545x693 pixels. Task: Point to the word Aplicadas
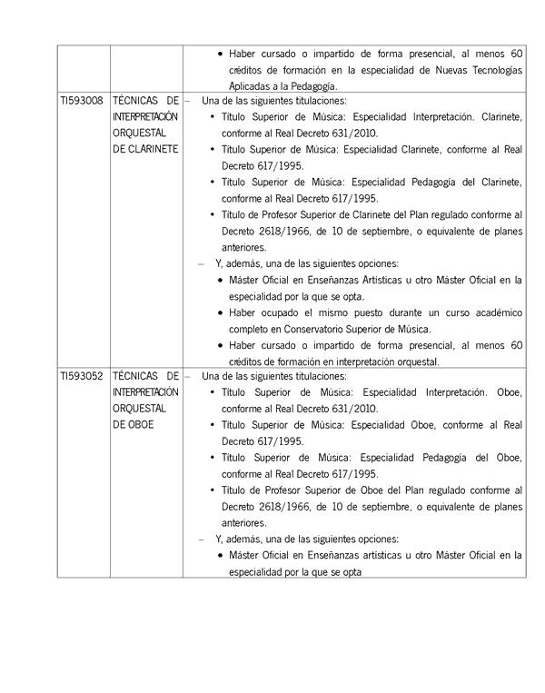click(x=251, y=85)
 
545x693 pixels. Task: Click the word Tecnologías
click(x=490, y=69)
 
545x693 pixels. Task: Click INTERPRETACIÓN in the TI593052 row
click(x=145, y=392)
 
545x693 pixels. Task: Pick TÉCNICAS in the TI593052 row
click(x=134, y=376)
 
